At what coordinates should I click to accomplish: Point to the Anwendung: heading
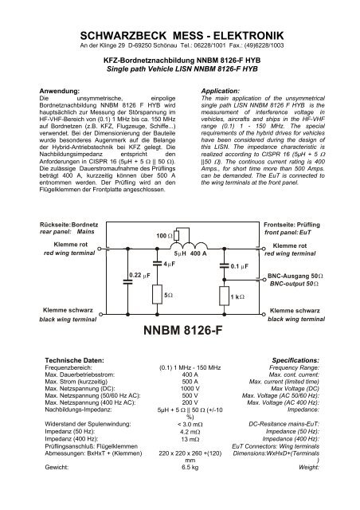coord(68,92)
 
